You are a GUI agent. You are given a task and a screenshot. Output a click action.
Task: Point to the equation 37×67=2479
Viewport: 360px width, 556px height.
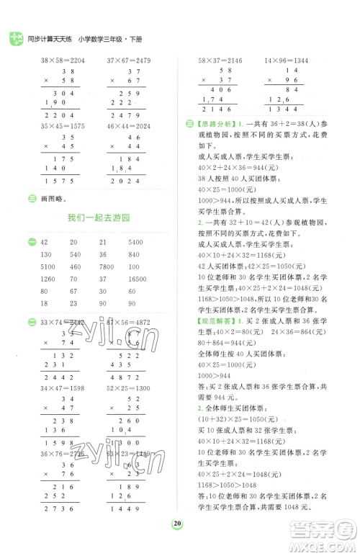[x=130, y=63]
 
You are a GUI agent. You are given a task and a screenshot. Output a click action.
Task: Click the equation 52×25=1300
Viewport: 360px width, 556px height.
[x=130, y=388]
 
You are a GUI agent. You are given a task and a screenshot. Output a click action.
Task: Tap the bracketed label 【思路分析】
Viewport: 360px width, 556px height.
[x=217, y=125]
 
